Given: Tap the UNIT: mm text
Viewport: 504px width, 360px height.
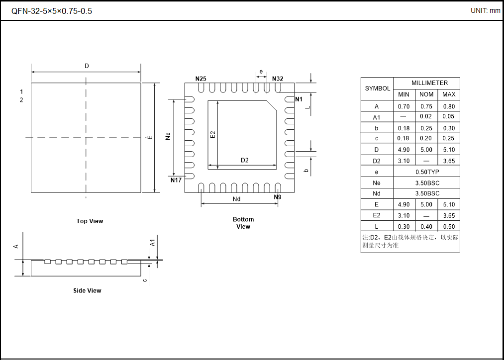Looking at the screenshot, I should (485, 10).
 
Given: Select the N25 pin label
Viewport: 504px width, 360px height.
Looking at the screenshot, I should (201, 79).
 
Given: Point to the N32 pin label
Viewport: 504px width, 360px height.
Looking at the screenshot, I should (278, 79).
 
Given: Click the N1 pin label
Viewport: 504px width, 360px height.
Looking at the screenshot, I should (299, 99).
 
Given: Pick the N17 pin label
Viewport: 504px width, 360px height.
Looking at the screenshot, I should (176, 180).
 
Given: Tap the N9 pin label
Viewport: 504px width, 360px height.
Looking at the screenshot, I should (278, 197).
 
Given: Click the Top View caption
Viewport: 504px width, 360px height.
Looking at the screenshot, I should (90, 221).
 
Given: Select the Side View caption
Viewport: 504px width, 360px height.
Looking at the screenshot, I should (87, 290).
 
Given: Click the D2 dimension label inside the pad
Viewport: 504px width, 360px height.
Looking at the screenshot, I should (244, 160).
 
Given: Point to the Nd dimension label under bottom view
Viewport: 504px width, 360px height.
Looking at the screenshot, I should (237, 199).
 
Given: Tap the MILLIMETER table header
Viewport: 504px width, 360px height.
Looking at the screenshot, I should (429, 83).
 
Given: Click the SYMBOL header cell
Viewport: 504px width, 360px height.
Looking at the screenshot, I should (378, 89).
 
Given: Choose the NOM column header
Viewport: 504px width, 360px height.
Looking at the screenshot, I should (426, 94).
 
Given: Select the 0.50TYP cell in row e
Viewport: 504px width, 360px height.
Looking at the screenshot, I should (427, 172).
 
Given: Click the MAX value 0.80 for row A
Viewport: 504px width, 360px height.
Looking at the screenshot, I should (448, 106).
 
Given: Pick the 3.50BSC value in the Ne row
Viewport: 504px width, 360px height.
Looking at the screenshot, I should (427, 182).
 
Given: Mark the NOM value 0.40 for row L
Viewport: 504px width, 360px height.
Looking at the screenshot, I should (426, 226).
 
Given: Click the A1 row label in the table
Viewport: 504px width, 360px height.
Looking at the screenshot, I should (377, 117).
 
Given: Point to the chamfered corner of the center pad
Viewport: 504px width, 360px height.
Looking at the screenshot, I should (272, 105).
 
